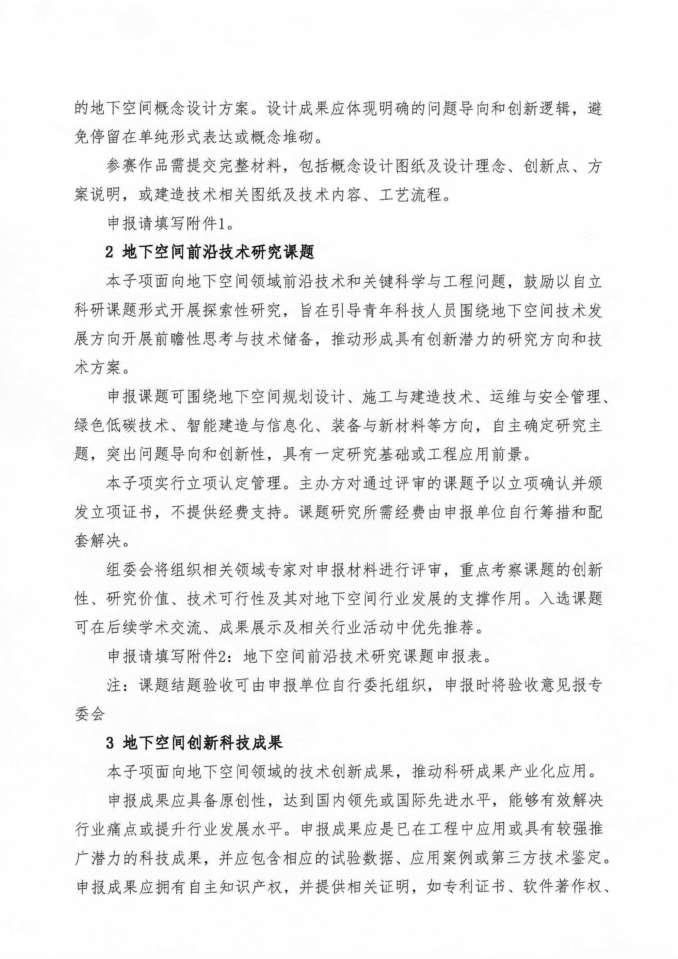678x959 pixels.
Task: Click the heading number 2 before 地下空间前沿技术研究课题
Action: pos(110,253)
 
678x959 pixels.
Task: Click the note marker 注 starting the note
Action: pos(114,686)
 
